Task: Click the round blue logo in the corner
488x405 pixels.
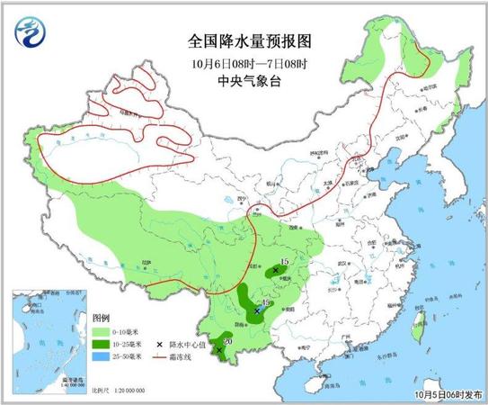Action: click(29, 34)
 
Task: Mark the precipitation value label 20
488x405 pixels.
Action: click(227, 341)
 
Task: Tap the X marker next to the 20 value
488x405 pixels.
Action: click(220, 350)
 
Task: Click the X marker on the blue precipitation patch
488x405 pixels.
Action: click(257, 310)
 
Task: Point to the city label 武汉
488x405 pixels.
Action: click(340, 262)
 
